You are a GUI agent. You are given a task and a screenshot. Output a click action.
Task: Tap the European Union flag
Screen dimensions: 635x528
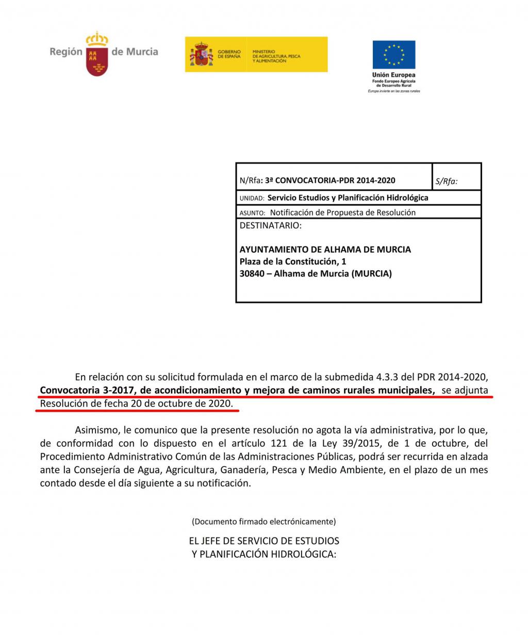[394, 55]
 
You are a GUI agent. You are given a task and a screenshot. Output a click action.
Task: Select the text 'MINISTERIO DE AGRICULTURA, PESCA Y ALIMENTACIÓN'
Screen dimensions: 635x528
[276, 57]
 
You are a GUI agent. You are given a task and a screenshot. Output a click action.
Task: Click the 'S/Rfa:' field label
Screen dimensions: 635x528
[447, 181]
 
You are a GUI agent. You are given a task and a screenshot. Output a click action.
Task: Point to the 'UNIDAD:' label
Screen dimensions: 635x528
[252, 198]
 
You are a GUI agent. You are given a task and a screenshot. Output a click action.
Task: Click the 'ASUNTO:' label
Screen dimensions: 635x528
[252, 213]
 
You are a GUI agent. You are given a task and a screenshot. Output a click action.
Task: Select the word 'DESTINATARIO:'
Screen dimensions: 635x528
[271, 226]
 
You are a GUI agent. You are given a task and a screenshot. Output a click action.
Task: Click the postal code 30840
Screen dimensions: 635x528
[252, 274]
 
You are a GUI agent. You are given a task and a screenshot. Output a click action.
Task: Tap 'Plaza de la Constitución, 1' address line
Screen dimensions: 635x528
[293, 262]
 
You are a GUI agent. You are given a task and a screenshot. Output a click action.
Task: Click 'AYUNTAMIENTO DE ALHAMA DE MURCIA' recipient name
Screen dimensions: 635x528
[325, 249]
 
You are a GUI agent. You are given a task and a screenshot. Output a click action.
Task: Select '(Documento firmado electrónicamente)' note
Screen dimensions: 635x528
[264, 522]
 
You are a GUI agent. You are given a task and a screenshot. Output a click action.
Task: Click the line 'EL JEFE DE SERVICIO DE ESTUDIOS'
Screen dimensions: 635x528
[264, 541]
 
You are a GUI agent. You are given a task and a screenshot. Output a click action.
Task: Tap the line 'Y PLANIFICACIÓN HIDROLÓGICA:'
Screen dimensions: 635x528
[264, 555]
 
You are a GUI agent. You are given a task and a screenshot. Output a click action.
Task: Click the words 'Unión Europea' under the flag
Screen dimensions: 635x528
[394, 75]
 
